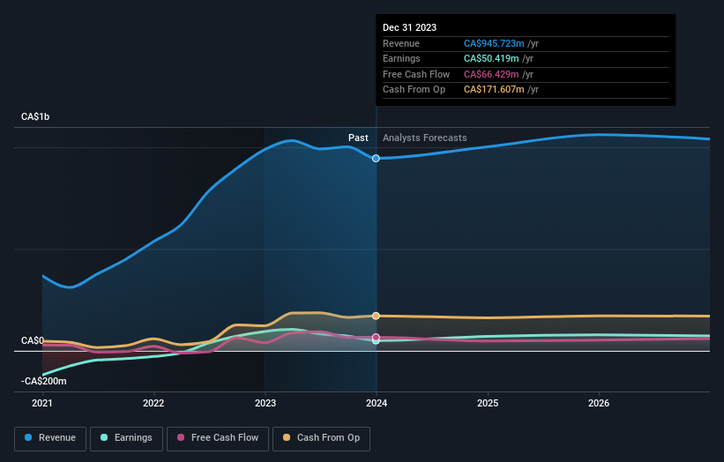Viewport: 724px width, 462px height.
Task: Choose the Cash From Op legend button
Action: coord(322,437)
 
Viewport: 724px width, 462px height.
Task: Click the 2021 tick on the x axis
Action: coord(42,404)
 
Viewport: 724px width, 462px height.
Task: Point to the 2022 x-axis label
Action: coord(153,404)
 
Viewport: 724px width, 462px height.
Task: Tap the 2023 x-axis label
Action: coord(265,404)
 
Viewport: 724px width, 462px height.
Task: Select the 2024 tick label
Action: coord(377,404)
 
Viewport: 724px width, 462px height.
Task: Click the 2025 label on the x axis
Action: coord(488,404)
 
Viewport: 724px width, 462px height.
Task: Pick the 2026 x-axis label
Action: coord(599,404)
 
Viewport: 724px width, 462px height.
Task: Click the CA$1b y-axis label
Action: coord(36,117)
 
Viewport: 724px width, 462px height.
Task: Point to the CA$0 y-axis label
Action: coord(33,340)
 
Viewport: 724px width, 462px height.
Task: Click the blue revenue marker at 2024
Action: coord(377,158)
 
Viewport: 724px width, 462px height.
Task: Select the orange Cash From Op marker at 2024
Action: coord(377,316)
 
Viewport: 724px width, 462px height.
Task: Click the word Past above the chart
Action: coord(358,138)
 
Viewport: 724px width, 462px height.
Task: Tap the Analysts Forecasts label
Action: coord(425,138)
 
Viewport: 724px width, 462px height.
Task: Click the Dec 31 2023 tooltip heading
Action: coord(410,28)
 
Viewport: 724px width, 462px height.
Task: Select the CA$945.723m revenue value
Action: coord(495,44)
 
